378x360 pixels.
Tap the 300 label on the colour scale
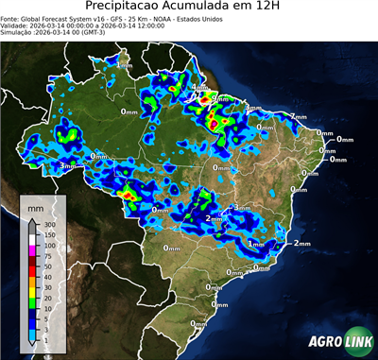pos(48,221)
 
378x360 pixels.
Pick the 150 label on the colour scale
pos(48,233)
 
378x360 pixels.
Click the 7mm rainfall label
pos(299,116)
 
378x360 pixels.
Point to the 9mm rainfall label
pos(219,98)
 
